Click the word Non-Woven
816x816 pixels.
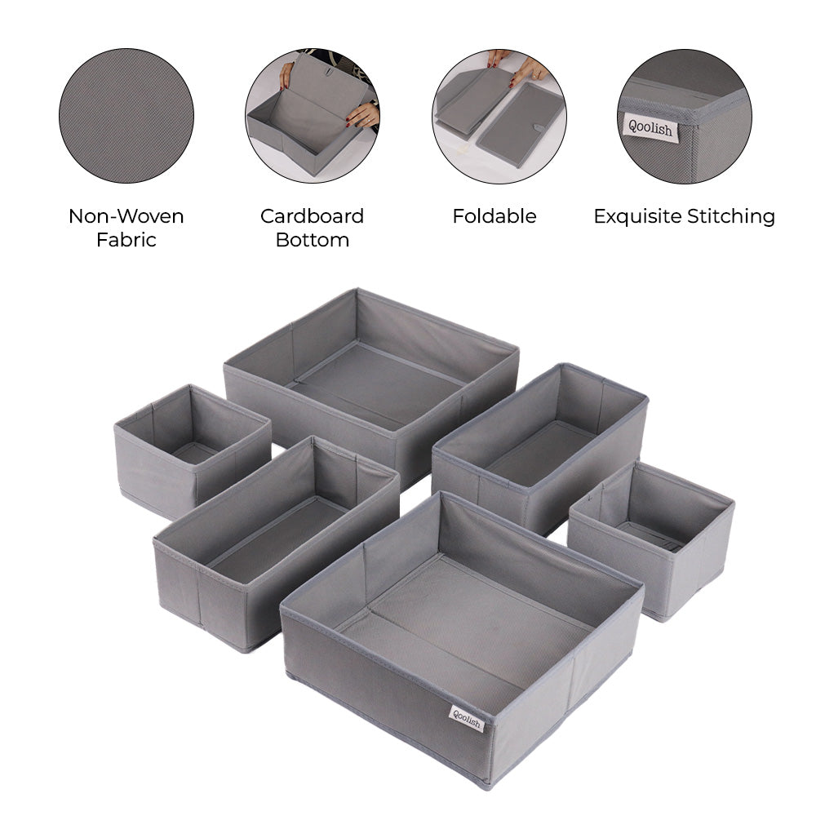click(126, 216)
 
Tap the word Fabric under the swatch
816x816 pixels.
click(126, 240)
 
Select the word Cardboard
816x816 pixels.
click(312, 216)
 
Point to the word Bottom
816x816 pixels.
click(313, 240)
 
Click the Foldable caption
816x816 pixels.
click(494, 216)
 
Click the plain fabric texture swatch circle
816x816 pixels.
click(126, 116)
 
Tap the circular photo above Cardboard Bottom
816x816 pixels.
click(313, 116)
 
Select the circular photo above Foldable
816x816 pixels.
click(499, 116)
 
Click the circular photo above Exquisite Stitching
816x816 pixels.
click(685, 116)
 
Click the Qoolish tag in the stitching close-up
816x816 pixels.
click(651, 127)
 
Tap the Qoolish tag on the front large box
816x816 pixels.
click(467, 719)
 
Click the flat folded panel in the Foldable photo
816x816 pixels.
click(521, 125)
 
